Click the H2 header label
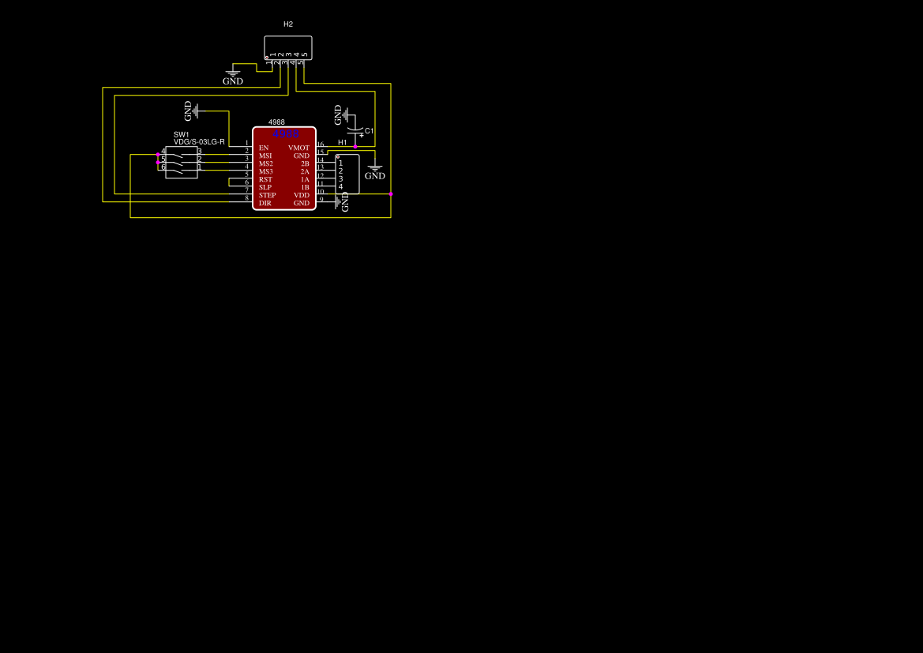coord(288,24)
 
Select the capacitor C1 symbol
coord(356,130)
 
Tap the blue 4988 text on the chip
coord(285,134)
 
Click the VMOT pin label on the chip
coord(298,148)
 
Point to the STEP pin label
coord(267,195)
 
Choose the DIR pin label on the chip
coord(265,203)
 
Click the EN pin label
coord(264,148)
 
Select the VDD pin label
coord(302,195)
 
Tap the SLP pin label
coord(265,187)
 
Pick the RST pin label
coord(265,179)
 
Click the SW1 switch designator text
coord(182,135)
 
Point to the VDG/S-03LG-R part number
coord(199,142)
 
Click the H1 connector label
coord(343,142)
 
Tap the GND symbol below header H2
coord(233,77)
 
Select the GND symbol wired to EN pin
coord(192,111)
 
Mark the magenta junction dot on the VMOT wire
coord(355,147)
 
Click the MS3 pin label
coord(265,171)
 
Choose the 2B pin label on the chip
coord(305,163)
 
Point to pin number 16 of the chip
coord(321,144)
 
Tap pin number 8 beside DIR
coord(246,198)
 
